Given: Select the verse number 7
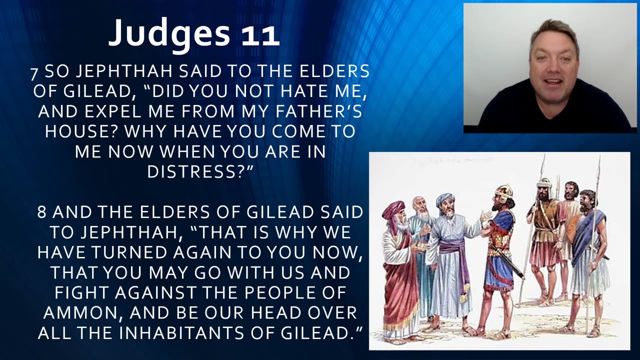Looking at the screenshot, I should point(34,73).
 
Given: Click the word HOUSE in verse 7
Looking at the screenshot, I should point(81,131).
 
